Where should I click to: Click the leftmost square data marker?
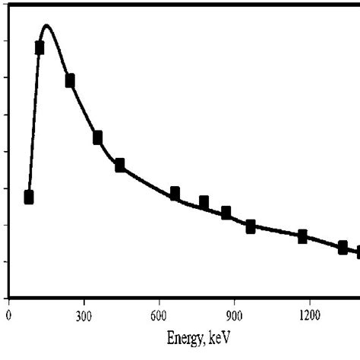pyautogui.click(x=29, y=197)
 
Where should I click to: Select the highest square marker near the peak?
pyautogui.click(x=39, y=48)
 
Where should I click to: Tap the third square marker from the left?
pyautogui.click(x=70, y=81)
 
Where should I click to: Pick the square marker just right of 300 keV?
pyautogui.click(x=97, y=137)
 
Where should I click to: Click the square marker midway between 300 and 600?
pyautogui.click(x=119, y=165)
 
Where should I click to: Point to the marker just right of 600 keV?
pyautogui.click(x=175, y=193)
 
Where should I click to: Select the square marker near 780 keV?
pyautogui.click(x=204, y=202)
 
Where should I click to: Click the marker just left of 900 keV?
pyautogui.click(x=226, y=213)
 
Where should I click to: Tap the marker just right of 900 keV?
pyautogui.click(x=251, y=226)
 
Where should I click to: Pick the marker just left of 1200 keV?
pyautogui.click(x=302, y=236)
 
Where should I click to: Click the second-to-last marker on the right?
pyautogui.click(x=343, y=247)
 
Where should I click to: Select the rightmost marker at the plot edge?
pyautogui.click(x=357, y=251)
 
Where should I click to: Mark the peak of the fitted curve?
pyautogui.click(x=47, y=25)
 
